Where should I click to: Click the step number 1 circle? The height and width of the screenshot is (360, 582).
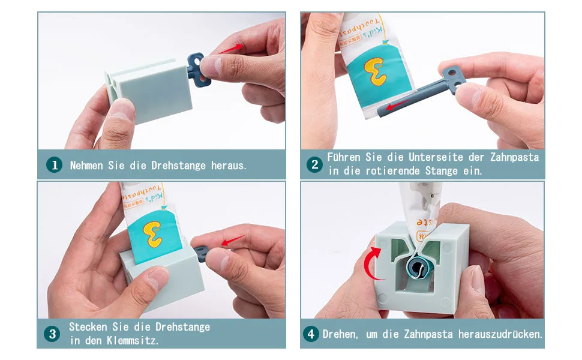tap(54, 165)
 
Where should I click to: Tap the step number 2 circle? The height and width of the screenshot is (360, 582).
tap(315, 164)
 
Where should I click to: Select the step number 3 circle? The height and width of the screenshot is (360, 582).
tap(52, 334)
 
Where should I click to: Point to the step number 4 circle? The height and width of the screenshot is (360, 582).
tap(311, 334)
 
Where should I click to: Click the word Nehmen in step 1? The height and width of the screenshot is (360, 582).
tap(86, 165)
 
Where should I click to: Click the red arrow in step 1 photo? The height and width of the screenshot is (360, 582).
tap(230, 49)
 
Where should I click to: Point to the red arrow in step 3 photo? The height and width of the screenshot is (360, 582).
tap(233, 240)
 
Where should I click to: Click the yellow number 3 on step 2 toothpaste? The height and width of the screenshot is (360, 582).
tap(375, 71)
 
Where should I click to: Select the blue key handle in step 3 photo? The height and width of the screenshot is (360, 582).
tap(202, 253)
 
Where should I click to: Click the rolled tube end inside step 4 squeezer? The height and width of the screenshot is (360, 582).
tap(419, 266)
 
